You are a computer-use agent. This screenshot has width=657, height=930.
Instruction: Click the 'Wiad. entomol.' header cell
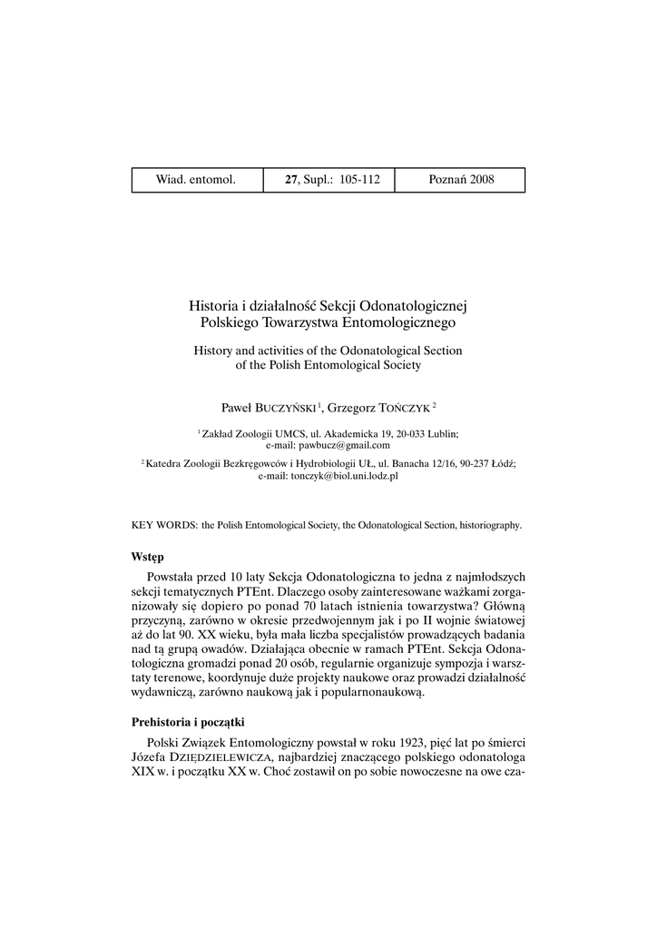coord(196,180)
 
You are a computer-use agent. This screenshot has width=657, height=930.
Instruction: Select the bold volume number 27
coord(290,180)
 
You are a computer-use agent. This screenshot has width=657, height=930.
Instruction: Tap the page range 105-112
coord(359,180)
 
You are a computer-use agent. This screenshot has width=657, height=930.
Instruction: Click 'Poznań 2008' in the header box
coord(461,180)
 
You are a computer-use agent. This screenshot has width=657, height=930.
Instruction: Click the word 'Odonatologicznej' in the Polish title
coord(419,305)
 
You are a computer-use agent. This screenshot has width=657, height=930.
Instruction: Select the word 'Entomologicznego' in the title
coord(404,322)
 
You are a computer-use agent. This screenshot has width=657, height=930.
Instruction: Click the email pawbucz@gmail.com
coord(328,445)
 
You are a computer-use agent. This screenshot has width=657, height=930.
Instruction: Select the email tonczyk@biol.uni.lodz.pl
coord(328,475)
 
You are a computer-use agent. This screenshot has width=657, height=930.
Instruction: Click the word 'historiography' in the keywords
coord(489,525)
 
